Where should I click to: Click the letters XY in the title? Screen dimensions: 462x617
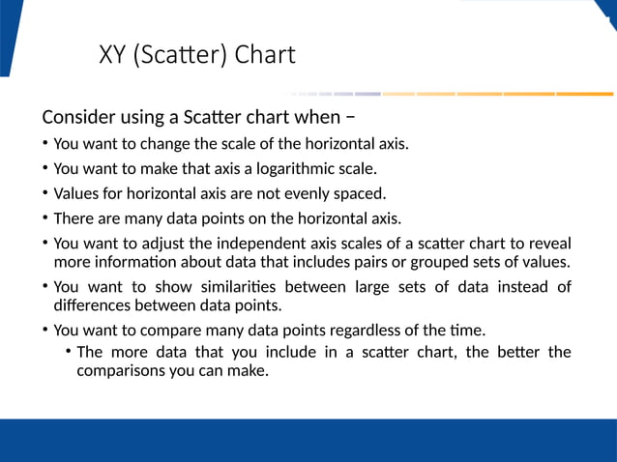pos(111,54)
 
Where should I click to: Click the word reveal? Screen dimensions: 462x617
pos(549,243)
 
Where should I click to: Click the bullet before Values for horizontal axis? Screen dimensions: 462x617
pos(45,192)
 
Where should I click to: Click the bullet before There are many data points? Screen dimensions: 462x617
pos(45,217)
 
